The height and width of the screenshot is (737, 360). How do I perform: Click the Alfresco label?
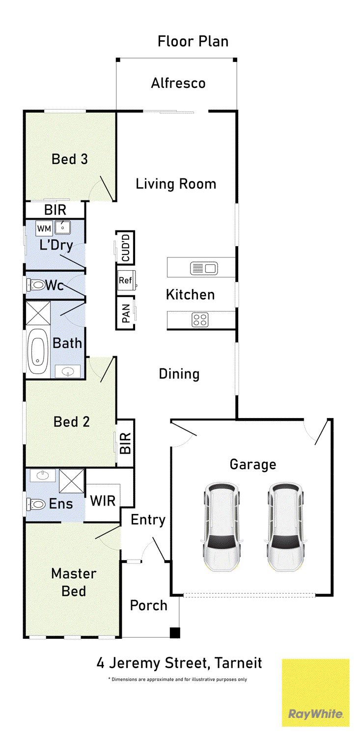pos(178,83)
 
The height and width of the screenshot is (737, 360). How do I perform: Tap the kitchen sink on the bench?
pos(204,268)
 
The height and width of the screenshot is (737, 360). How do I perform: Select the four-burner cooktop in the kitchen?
pos(200,320)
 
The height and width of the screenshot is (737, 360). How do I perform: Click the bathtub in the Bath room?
pos(37,351)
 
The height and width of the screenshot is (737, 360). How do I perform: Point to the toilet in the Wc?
pos(35,284)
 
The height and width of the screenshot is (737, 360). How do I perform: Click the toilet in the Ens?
pos(35,504)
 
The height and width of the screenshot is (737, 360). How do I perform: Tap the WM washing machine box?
pos(44,228)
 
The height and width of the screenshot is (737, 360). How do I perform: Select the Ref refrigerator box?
pos(126,281)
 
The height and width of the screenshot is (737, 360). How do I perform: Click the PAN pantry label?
pos(126,313)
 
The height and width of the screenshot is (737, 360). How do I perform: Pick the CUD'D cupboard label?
pos(126,248)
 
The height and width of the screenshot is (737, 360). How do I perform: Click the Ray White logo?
pos(315,693)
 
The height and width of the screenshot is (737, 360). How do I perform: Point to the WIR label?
pos(103,501)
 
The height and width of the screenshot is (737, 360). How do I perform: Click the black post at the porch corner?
pos(175,633)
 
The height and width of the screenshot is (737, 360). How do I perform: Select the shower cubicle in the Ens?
pos(72,481)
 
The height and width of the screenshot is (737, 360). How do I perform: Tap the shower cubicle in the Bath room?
pos(38,313)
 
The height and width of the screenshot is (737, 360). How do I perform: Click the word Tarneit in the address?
pos(238,663)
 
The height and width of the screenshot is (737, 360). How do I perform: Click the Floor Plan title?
pos(193,41)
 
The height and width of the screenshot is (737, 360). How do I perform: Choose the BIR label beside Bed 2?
pos(126,443)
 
